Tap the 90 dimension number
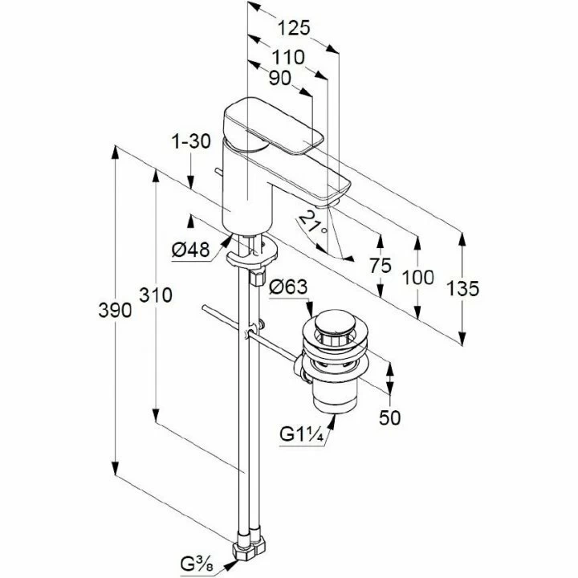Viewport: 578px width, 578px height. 280,79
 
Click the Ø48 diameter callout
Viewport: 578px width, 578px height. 190,250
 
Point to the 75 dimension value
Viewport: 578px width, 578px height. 381,266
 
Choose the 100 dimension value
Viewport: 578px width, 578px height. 417,279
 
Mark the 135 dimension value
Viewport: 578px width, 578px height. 463,287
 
